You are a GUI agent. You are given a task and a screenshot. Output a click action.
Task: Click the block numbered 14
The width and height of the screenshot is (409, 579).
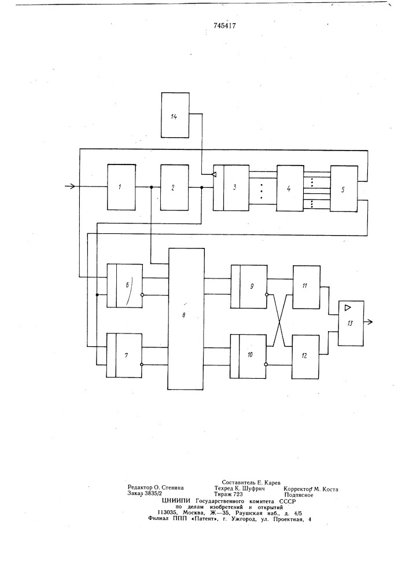[175, 115]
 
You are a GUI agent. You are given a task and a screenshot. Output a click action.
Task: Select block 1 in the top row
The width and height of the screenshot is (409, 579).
[121, 187]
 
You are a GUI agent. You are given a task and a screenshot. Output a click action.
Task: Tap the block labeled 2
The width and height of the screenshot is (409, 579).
[175, 187]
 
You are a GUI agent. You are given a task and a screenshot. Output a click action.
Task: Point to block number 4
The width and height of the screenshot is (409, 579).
[290, 188]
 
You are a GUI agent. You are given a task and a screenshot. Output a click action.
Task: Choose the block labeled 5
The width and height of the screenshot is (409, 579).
[344, 189]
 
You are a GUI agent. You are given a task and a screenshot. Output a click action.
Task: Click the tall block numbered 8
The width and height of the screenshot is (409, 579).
[186, 318]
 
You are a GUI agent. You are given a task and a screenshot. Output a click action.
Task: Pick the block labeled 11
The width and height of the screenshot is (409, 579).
[306, 287]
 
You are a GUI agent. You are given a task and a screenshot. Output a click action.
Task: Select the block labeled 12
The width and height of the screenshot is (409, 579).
[305, 357]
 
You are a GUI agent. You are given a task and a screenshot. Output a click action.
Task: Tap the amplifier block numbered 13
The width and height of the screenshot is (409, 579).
[351, 323]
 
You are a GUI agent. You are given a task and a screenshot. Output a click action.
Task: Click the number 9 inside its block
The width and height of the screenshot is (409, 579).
[252, 286]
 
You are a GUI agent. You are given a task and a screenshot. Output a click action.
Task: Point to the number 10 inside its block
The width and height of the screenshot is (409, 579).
[250, 355]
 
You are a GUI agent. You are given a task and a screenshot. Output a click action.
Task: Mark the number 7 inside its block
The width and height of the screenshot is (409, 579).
[126, 356]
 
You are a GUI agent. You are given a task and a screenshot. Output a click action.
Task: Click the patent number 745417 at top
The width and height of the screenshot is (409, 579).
[224, 26]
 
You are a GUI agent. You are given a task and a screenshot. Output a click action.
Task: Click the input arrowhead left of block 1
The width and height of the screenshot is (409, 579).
[71, 186]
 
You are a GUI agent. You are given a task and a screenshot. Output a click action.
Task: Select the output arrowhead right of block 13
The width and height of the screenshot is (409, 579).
[370, 322]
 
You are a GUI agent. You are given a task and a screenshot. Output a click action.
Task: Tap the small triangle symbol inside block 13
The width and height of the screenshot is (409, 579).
[347, 307]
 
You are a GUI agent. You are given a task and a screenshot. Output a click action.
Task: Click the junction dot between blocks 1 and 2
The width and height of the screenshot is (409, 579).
[152, 188]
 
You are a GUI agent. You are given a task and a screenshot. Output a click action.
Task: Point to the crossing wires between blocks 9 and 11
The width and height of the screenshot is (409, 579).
[280, 321]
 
